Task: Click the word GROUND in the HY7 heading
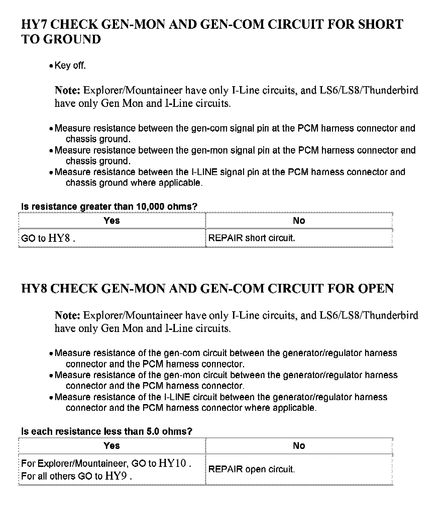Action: [72, 39]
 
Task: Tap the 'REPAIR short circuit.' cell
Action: [251, 238]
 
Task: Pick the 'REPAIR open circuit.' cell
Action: [251, 469]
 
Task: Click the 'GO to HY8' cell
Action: [47, 238]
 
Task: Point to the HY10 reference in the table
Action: [173, 463]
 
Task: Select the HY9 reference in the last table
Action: [116, 476]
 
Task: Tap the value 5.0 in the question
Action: [153, 431]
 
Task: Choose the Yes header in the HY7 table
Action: [112, 220]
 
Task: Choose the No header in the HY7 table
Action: [299, 220]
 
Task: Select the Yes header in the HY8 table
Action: [112, 446]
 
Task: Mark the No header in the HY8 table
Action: [299, 446]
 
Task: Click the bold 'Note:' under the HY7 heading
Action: [67, 91]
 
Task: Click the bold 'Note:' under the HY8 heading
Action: [67, 316]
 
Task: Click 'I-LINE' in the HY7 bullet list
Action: [204, 172]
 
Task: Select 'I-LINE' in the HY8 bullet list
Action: [177, 397]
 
